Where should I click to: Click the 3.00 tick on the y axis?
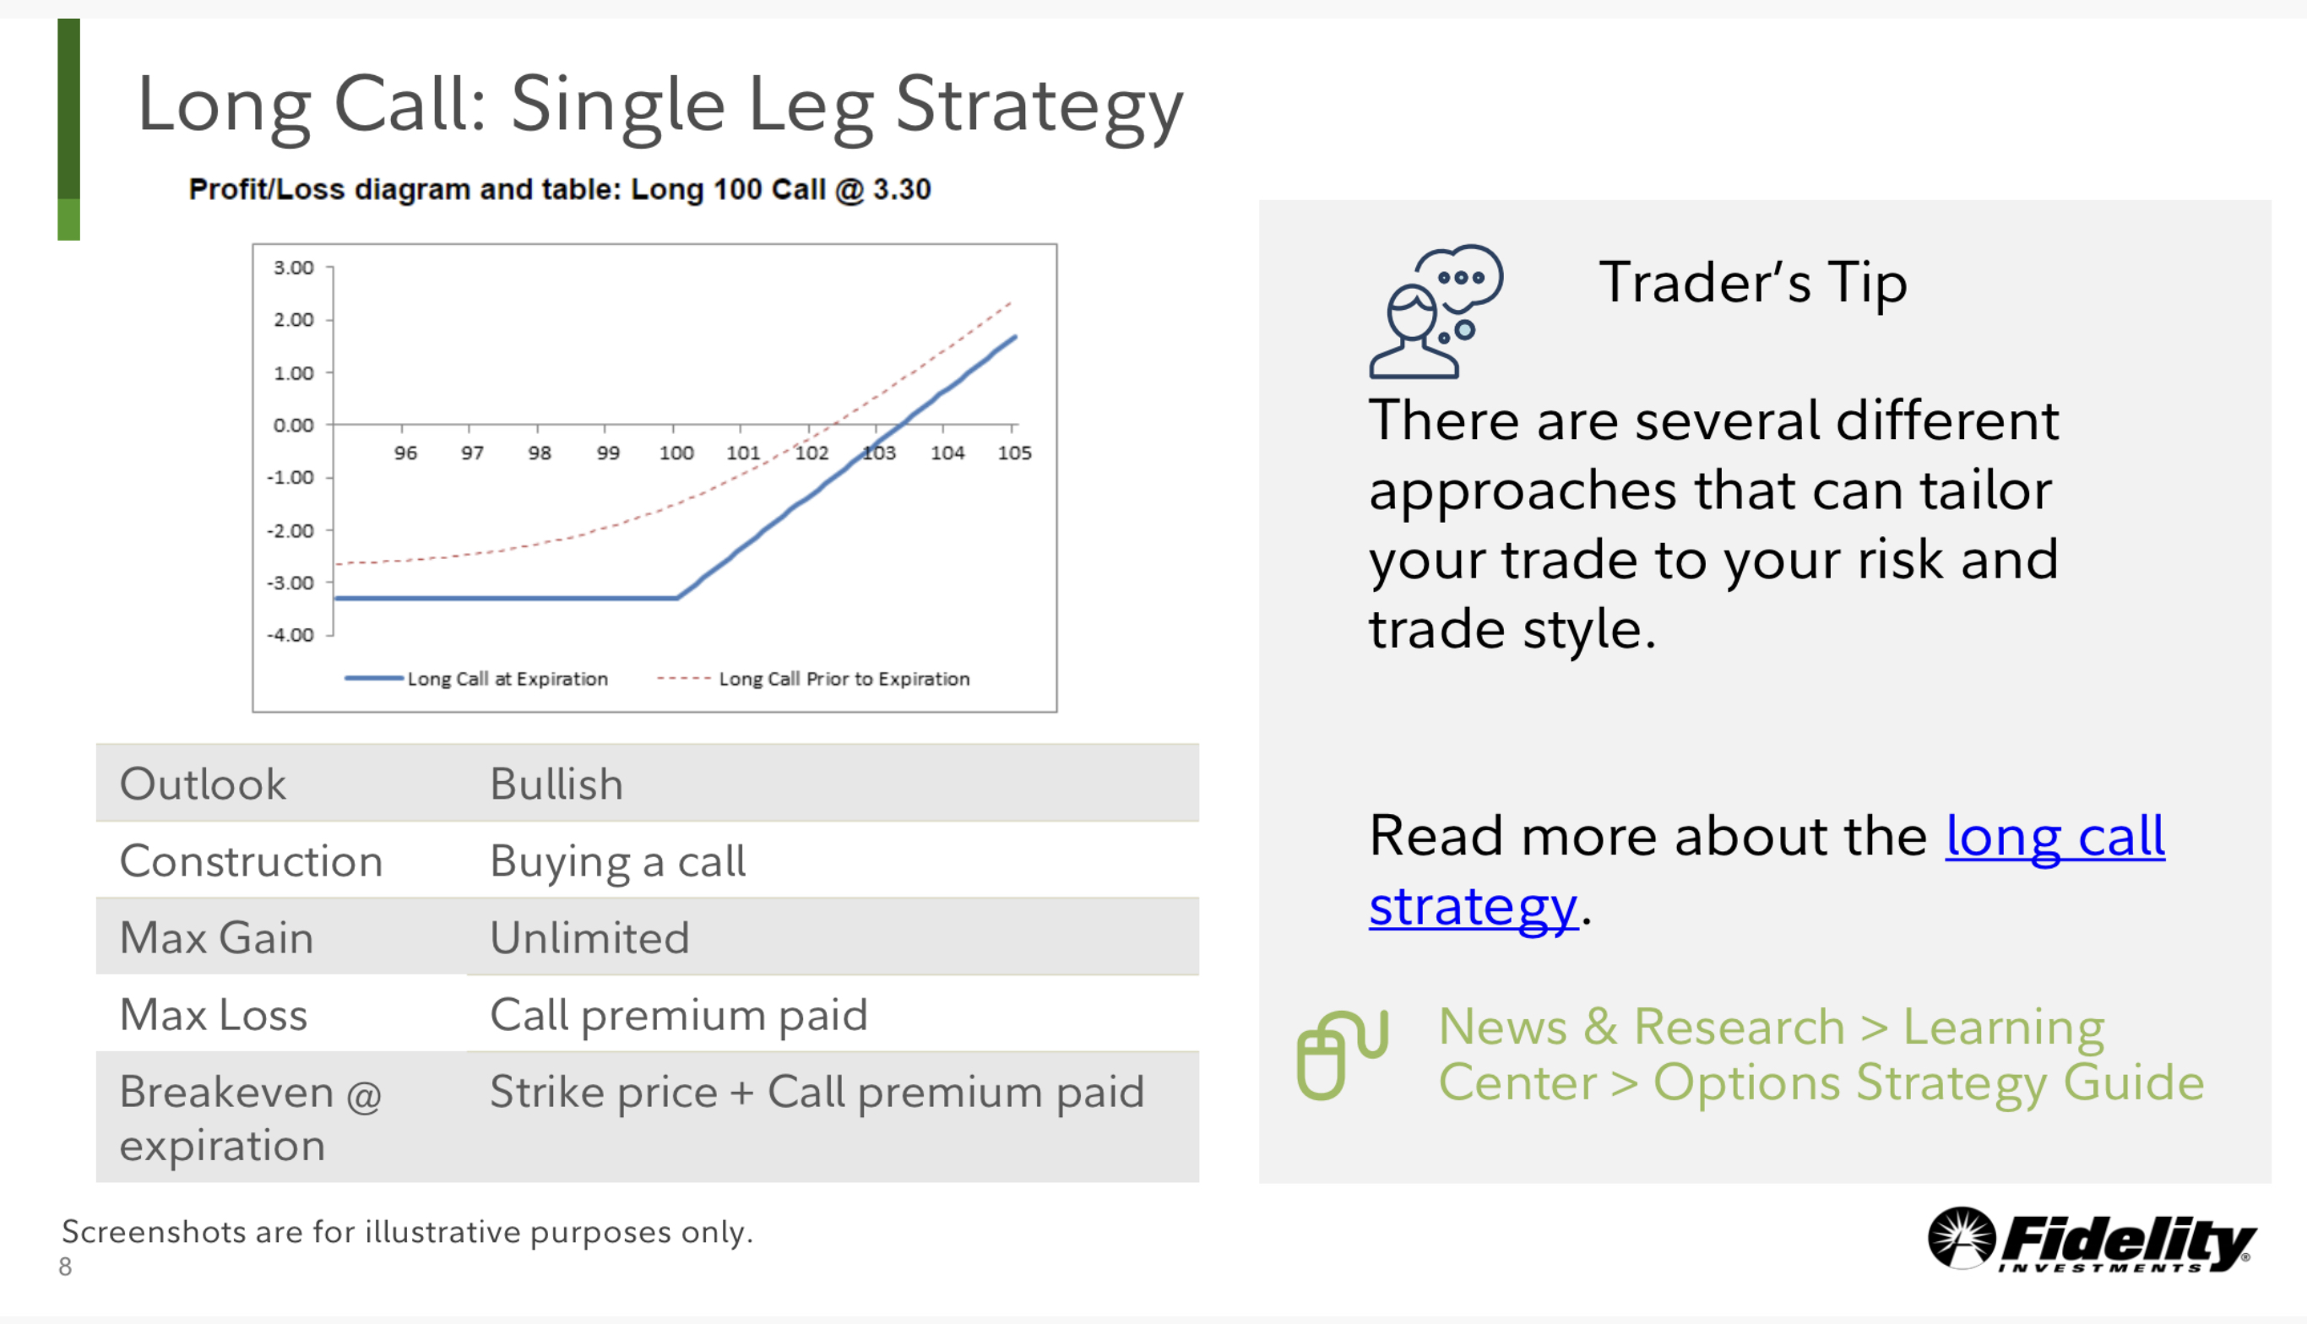pyautogui.click(x=293, y=268)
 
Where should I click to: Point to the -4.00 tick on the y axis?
pyautogui.click(x=290, y=635)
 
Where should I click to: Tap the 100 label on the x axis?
pyautogui.click(x=676, y=453)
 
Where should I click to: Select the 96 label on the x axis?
pyautogui.click(x=405, y=453)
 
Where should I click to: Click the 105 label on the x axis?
pyautogui.click(x=1015, y=453)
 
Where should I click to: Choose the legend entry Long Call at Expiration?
pyautogui.click(x=476, y=678)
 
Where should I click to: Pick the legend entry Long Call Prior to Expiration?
pyautogui.click(x=813, y=678)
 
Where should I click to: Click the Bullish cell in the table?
pyautogui.click(x=556, y=784)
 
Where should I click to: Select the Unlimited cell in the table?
pyautogui.click(x=589, y=937)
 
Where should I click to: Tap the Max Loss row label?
pyautogui.click(x=214, y=1015)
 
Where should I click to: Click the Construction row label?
pyautogui.click(x=251, y=861)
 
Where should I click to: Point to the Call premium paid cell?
pyautogui.click(x=678, y=1015)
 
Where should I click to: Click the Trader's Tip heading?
pyautogui.click(x=1753, y=282)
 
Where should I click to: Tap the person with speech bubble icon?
pyautogui.click(x=1435, y=310)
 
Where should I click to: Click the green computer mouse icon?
pyautogui.click(x=1342, y=1054)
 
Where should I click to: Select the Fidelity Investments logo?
pyautogui.click(x=2092, y=1240)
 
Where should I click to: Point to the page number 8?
pyautogui.click(x=66, y=1267)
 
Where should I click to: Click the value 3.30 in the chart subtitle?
pyautogui.click(x=902, y=189)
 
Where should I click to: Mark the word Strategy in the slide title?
pyautogui.click(x=1040, y=106)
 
